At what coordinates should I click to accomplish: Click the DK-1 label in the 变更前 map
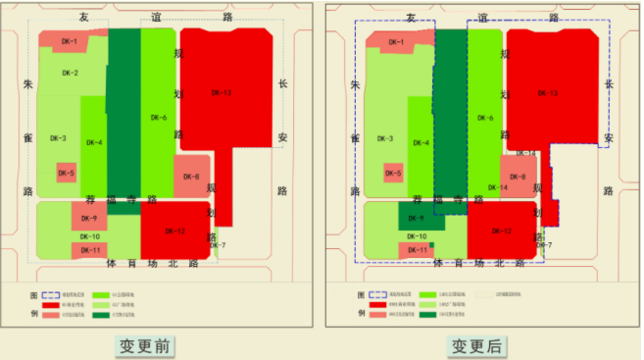[x=69, y=41]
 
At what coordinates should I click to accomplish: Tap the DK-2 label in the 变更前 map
[x=70, y=74]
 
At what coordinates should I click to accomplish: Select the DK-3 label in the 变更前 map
[x=58, y=138]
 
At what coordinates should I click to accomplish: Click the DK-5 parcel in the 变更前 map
[x=66, y=174]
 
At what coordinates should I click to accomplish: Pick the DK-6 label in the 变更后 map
[x=485, y=118]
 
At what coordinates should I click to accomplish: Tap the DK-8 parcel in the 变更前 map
[x=191, y=177]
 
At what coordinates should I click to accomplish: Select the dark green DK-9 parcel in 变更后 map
[x=416, y=218]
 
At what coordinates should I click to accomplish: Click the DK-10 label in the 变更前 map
[x=89, y=236]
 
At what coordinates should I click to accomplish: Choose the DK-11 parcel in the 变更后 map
[x=417, y=251]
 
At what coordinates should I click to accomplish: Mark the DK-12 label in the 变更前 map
[x=176, y=231]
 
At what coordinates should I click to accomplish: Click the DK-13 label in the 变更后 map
[x=547, y=93]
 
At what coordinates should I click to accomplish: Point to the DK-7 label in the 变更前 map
[x=218, y=245]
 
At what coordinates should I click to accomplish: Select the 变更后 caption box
[x=476, y=345]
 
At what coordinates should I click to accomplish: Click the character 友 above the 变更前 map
[x=85, y=18]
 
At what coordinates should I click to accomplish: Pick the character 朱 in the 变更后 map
[x=357, y=85]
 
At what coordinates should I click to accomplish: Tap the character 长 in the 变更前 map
[x=282, y=85]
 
